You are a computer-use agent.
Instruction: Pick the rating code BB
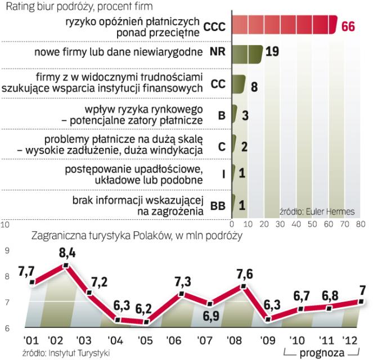click(x=218, y=206)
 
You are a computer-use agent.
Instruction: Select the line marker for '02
click(x=66, y=265)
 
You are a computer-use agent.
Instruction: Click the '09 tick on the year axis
click(x=268, y=340)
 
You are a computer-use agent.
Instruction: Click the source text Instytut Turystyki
click(x=56, y=352)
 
